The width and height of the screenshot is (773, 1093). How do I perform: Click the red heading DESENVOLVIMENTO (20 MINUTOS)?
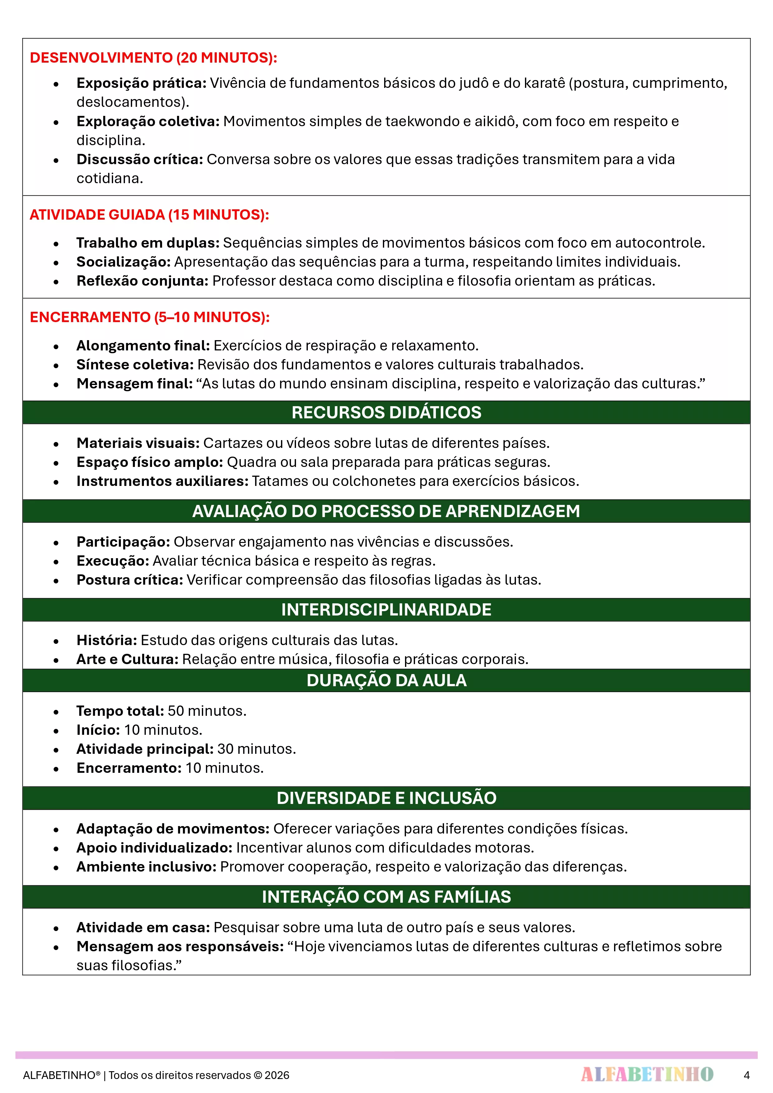153,58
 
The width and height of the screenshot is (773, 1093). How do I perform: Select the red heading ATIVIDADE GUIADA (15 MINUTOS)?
149,215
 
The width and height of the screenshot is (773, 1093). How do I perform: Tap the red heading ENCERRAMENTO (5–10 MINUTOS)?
150,317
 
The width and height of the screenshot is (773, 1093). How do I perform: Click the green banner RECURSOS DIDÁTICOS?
386,412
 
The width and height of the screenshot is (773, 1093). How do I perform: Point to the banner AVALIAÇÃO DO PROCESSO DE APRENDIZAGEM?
386,511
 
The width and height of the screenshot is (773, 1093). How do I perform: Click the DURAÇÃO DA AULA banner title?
386,680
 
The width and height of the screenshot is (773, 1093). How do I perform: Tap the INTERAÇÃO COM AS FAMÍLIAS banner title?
386,897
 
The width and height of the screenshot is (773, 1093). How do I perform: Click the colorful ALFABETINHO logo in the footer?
647,1074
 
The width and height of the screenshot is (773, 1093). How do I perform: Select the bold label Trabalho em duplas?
148,243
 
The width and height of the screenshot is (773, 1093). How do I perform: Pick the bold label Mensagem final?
134,384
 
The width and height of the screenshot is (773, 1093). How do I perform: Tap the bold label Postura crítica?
130,580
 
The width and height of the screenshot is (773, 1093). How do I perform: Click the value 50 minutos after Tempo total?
207,711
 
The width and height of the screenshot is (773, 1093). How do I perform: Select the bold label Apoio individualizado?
154,848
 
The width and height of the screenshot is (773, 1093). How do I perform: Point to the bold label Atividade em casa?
143,927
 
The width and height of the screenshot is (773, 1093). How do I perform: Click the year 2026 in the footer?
277,1075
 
